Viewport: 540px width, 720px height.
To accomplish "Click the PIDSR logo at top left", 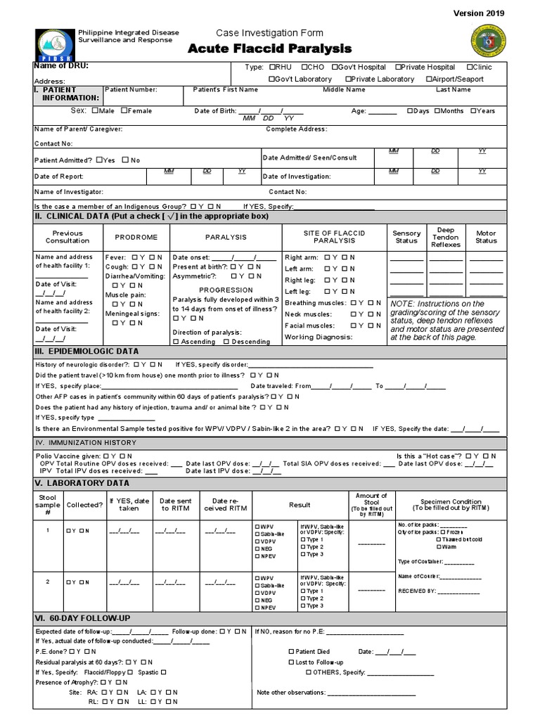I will point(53,43).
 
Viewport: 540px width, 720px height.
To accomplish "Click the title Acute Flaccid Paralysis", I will point(269,48).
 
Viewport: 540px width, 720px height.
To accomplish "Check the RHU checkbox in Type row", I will point(272,67).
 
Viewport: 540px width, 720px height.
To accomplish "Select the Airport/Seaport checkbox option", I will point(430,79).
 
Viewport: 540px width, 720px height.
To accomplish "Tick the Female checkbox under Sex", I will point(124,110).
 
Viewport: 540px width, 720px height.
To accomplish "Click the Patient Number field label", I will point(131,90).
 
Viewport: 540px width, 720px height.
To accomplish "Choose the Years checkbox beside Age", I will point(474,110).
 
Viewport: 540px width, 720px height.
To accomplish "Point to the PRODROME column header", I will point(136,238).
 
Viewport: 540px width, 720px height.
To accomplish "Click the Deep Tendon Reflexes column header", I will point(446,237).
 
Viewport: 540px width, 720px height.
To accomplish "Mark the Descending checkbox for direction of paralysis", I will point(226,342).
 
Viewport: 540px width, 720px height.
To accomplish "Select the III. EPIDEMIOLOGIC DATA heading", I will point(87,351).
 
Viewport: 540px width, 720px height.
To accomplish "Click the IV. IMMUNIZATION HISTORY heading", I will point(86,443).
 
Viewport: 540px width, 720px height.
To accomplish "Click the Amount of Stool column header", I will point(371,504).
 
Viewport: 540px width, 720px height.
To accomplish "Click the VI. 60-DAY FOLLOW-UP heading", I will point(83,617).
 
